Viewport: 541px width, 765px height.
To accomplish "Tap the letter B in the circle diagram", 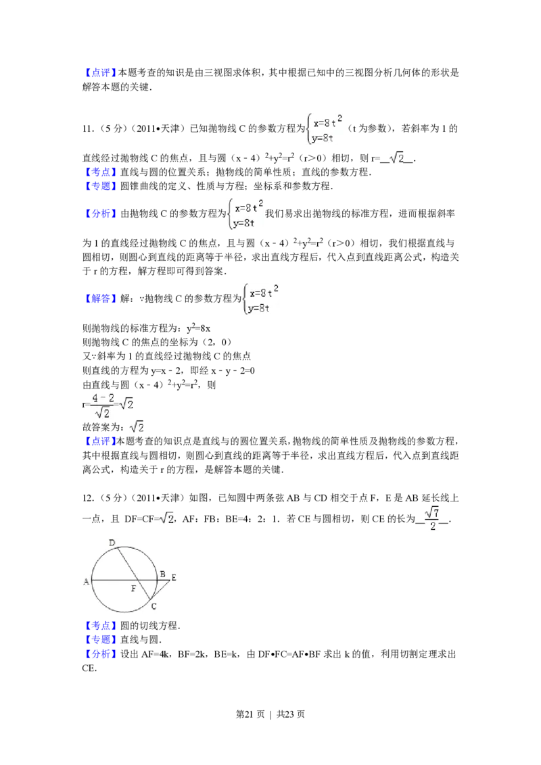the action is [x=162, y=574].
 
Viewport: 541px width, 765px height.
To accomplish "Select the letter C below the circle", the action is [x=154, y=606].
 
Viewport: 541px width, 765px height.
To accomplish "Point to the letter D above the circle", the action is [x=112, y=542].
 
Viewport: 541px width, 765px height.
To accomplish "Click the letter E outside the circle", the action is [x=173, y=577].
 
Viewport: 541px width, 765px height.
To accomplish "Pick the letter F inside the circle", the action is [x=133, y=589].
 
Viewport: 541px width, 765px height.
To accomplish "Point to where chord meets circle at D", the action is [x=117, y=547].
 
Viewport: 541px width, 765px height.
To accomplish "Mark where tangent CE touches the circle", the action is [x=151, y=600].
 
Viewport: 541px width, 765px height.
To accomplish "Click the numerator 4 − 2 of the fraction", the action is [x=103, y=397].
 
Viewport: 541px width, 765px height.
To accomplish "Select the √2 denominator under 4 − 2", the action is [x=103, y=413].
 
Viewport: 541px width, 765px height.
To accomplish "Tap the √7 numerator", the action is [x=432, y=512].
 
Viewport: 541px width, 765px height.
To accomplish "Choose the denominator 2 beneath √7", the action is [x=432, y=527].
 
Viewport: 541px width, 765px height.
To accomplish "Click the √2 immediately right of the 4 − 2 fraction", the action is [x=126, y=403].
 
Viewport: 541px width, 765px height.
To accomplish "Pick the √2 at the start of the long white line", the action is [x=166, y=518].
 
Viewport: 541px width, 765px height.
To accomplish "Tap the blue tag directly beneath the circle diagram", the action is [x=100, y=625].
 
